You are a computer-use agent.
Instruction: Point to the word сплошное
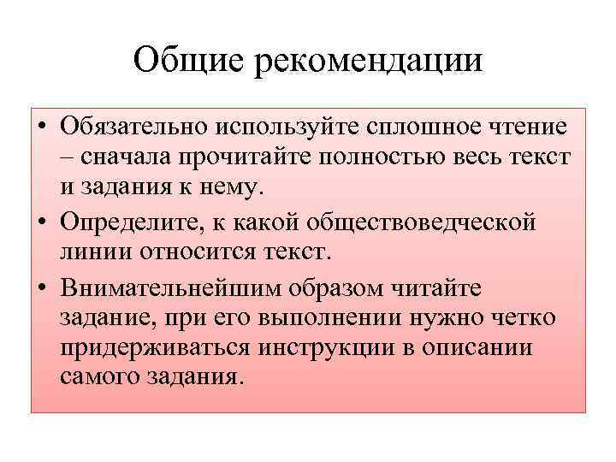pos(403,127)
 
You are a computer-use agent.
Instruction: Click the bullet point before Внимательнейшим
pos(41,287)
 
